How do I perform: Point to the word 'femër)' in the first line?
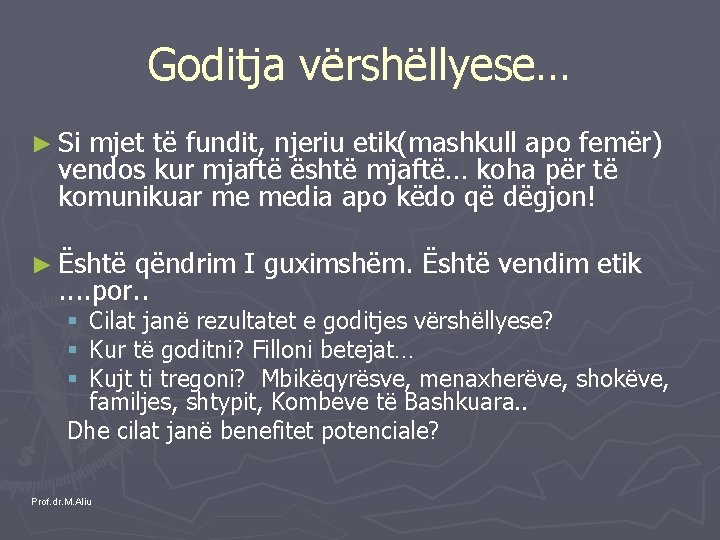pyautogui.click(x=627, y=144)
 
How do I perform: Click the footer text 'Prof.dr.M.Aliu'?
pyautogui.click(x=61, y=501)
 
